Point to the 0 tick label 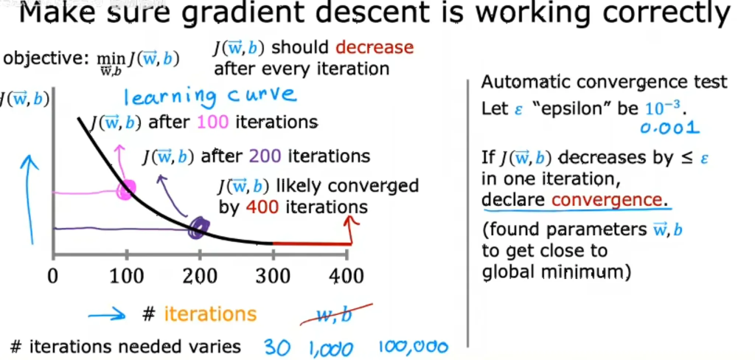point(53,276)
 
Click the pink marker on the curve point(127,190)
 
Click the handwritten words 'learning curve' point(210,95)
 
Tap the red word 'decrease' point(375,47)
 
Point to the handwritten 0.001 point(669,128)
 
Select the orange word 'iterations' point(210,314)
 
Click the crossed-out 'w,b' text point(334,316)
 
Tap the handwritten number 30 point(277,347)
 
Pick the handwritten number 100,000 point(413,347)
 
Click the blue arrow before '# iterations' point(106,316)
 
